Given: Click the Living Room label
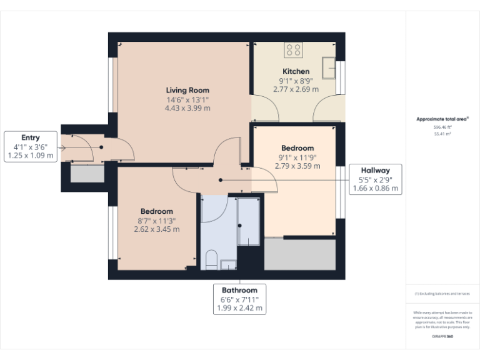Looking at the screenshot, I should coord(187,90).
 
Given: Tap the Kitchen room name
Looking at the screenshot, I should coord(296,71).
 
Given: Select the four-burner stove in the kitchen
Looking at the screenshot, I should coord(294,50).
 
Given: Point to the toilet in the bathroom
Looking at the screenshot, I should coord(211,260).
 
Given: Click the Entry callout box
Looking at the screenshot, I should coord(31,147).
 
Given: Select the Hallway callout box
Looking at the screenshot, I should coord(375,179).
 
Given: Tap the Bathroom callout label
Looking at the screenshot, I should coord(239,299).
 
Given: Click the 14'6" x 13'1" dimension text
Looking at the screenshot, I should coord(187,99).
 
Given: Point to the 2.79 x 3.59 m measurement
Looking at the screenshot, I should coord(297,166).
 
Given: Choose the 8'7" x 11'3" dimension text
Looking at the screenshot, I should coord(157,220).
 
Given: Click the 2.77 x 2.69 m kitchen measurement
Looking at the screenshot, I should coord(296,89).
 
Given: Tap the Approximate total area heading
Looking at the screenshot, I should coord(442,119).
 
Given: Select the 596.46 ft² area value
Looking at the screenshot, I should coord(442,127).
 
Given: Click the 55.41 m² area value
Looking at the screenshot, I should coord(442,133).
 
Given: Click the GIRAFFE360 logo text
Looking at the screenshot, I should coord(442,337).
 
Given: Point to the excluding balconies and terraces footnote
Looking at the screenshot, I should coord(442,293).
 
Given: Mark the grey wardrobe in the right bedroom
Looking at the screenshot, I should coord(299,254).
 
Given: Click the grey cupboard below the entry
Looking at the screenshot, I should coord(87,173).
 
